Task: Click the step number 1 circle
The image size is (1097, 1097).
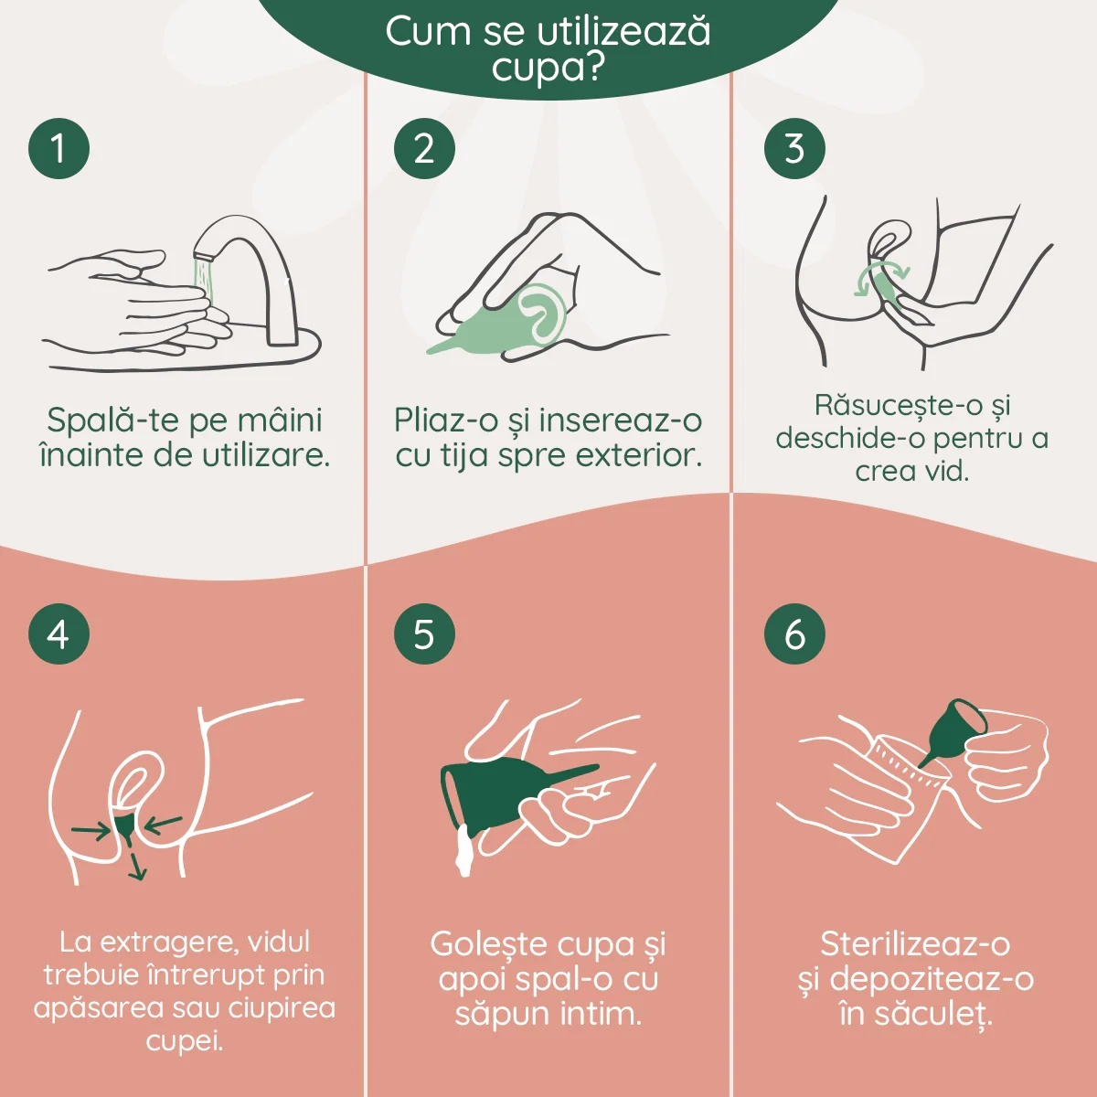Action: tap(59, 149)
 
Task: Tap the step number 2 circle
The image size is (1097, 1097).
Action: tap(424, 149)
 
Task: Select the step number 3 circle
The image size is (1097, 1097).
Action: tap(794, 149)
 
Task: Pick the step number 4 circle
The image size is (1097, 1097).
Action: tap(59, 634)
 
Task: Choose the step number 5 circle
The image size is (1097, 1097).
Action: tap(424, 634)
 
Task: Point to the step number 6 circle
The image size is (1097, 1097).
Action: tap(794, 634)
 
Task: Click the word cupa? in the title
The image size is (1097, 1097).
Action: tap(547, 69)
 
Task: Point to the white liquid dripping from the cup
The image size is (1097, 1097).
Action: tap(462, 850)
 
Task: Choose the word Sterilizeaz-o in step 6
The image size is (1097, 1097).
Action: tap(915, 943)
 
